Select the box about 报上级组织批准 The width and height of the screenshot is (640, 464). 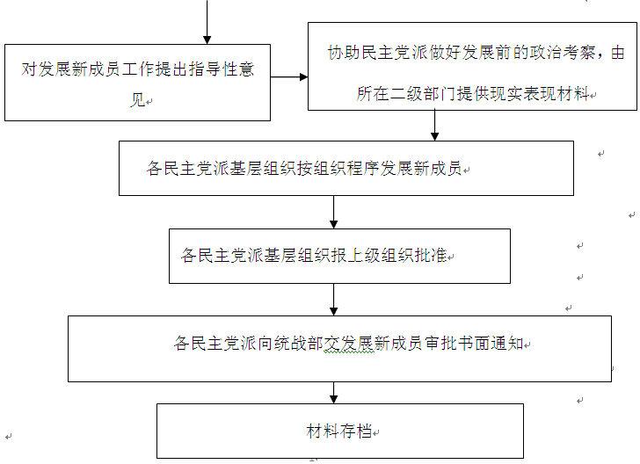coord(339,256)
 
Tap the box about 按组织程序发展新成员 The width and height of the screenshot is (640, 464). coord(345,168)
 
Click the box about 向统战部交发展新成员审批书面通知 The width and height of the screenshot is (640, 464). coord(339,348)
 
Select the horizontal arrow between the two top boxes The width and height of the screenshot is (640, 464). coord(289,77)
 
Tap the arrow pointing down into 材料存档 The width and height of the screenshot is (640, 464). coord(334,392)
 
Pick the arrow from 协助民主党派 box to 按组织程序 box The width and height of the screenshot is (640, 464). coord(434,126)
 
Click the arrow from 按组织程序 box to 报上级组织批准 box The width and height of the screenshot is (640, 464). coord(334,212)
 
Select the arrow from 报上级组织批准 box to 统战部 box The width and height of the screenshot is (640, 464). coord(334,300)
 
